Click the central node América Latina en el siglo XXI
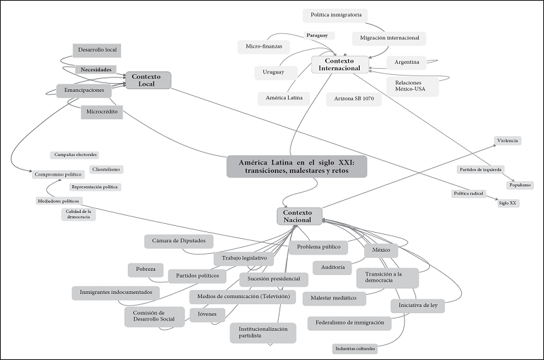pyautogui.click(x=296, y=165)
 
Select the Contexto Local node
pyautogui.click(x=146, y=80)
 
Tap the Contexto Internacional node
pyautogui.click(x=339, y=65)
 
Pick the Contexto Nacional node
pyautogui.click(x=299, y=216)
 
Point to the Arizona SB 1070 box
pyautogui.click(x=354, y=99)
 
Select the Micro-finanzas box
pyautogui.click(x=263, y=46)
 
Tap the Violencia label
pyautogui.click(x=507, y=141)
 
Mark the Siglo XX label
pyautogui.click(x=507, y=203)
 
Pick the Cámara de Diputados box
pyautogui.click(x=179, y=241)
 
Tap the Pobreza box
pyautogui.click(x=145, y=269)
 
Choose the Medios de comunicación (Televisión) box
pyautogui.click(x=243, y=297)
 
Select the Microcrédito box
pyautogui.click(x=102, y=111)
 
